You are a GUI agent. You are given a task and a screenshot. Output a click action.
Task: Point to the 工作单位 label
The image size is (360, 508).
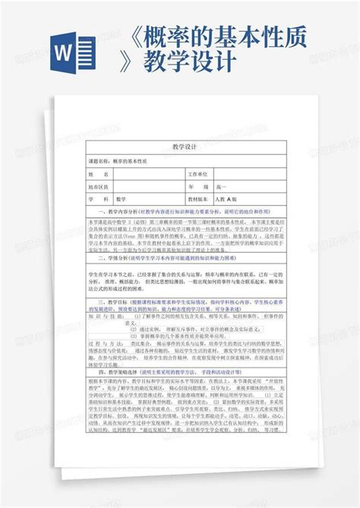click(x=197, y=174)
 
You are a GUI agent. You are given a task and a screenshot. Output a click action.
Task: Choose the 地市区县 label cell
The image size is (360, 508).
click(x=99, y=185)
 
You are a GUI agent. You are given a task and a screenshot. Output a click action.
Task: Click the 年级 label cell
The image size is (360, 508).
click(x=197, y=185)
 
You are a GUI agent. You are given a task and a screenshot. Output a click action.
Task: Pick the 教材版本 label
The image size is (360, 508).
click(x=198, y=197)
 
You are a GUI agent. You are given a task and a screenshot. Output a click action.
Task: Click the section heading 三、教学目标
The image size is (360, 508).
click(x=111, y=302)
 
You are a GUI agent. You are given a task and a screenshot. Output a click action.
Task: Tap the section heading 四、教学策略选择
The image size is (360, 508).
click(x=115, y=371)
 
